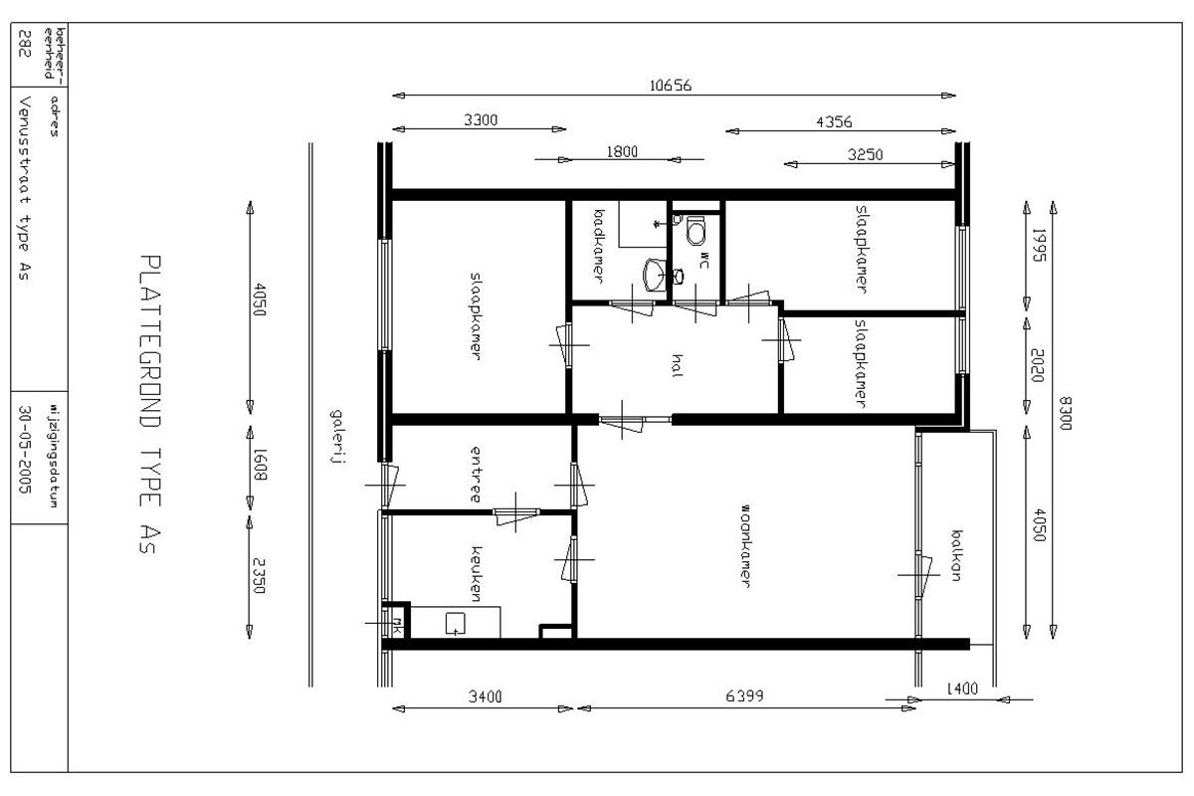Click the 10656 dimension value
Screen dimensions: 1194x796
[x=671, y=86]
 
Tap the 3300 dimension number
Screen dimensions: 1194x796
[x=481, y=120]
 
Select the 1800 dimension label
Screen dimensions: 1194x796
[x=622, y=152]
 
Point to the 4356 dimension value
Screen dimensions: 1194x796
[x=834, y=122]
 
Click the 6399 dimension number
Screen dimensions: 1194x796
[x=744, y=696]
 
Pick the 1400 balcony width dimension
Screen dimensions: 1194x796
[x=962, y=689]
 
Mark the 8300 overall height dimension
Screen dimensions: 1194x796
[x=1065, y=413]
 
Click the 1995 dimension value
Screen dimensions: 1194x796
[x=1040, y=245]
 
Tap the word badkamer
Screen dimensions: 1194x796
[x=600, y=246]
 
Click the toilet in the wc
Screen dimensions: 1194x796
[x=696, y=230]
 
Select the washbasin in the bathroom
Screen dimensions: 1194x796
[x=655, y=275]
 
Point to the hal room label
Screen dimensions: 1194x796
[x=677, y=366]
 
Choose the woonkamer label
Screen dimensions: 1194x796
[x=745, y=546]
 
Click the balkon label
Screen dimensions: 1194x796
[x=957, y=555]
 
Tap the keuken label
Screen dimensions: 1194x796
[x=477, y=574]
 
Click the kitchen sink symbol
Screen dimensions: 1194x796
[x=455, y=624]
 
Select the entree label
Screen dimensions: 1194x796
[x=476, y=475]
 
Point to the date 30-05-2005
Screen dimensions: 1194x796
[x=25, y=450]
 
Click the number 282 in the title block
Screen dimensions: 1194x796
[x=25, y=43]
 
